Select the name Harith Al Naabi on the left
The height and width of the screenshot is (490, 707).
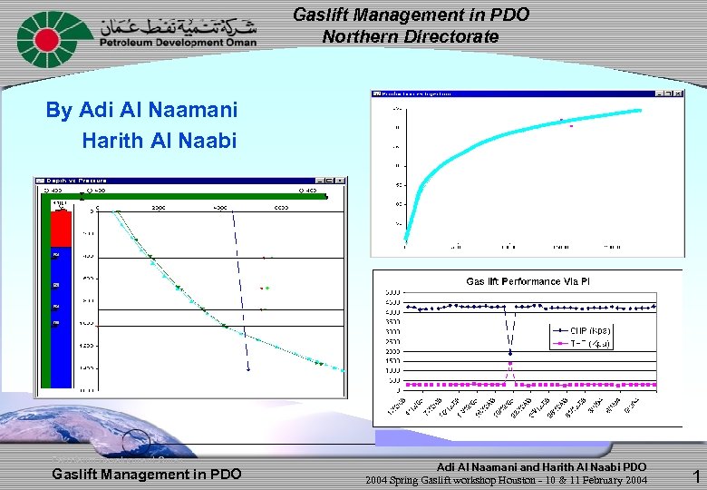[x=159, y=141]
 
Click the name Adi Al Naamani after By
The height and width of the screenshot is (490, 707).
[x=159, y=111]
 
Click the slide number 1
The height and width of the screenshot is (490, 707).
[x=695, y=475]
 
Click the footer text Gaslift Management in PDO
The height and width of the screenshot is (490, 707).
[x=147, y=474]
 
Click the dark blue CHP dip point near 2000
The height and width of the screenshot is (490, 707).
[x=510, y=352]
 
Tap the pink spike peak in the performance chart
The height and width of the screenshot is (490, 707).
[x=510, y=364]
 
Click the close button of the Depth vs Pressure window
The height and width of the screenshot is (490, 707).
[x=341, y=181]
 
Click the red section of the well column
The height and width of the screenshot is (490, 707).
[x=61, y=229]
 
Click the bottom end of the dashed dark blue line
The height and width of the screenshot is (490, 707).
[x=247, y=369]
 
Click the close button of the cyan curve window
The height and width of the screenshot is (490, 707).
[x=678, y=93]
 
